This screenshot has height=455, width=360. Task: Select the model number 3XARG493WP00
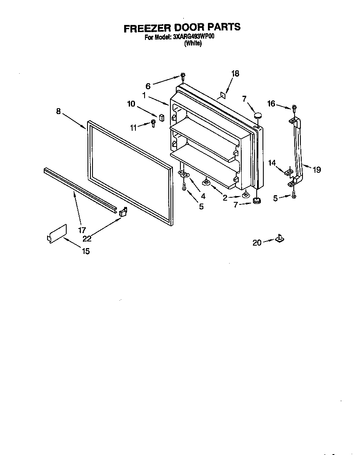pyautogui.click(x=193, y=37)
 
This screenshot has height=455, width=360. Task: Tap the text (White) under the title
pyautogui.click(x=192, y=43)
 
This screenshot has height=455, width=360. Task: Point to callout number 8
pyautogui.click(x=58, y=111)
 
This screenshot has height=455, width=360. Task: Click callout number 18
pyautogui.click(x=235, y=74)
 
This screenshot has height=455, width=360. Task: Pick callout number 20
pyautogui.click(x=257, y=242)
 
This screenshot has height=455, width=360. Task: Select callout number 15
pyautogui.click(x=85, y=251)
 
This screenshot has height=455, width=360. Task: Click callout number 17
pyautogui.click(x=82, y=229)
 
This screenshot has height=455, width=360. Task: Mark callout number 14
pyautogui.click(x=272, y=163)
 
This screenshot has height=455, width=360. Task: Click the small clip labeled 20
pyautogui.click(x=279, y=239)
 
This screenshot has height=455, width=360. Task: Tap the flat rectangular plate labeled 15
pyautogui.click(x=57, y=234)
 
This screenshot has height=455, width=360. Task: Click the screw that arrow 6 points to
pyautogui.click(x=183, y=76)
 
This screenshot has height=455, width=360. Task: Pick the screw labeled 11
pyautogui.click(x=153, y=122)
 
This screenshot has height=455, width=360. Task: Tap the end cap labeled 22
pyautogui.click(x=122, y=212)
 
